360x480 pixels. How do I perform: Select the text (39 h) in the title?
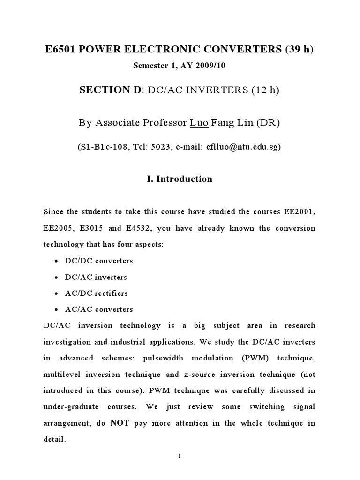tap(299, 50)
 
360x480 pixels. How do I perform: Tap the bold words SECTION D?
tap(111, 90)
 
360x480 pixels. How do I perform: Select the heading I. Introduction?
tap(180, 179)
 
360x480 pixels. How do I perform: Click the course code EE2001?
tap(297, 211)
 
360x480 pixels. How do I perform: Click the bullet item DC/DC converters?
tap(99, 261)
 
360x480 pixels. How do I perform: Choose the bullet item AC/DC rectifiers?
tap(97, 293)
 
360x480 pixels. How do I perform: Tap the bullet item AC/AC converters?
tap(99, 309)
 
